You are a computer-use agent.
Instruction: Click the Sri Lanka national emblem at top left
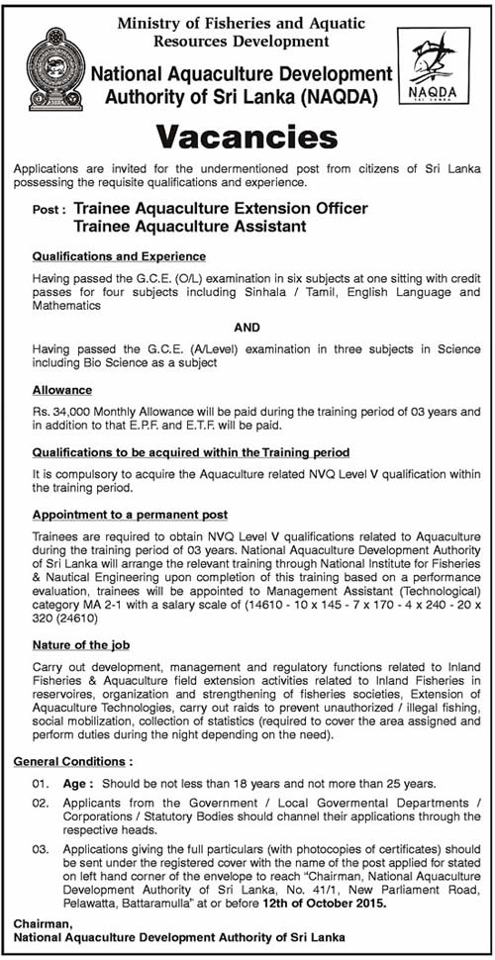(56, 66)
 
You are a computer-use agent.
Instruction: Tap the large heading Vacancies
(247, 135)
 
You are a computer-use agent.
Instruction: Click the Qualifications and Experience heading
(119, 256)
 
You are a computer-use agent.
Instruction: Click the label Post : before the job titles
(50, 210)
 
